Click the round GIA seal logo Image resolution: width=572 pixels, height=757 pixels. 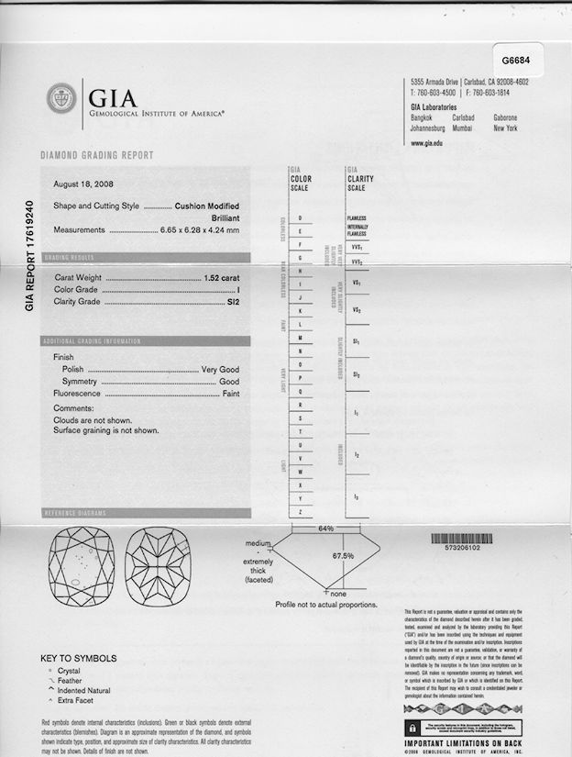(61, 97)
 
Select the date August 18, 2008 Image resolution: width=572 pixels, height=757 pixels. (81, 184)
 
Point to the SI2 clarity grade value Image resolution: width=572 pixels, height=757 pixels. (232, 300)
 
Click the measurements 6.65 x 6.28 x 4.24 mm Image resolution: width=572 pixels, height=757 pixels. (200, 230)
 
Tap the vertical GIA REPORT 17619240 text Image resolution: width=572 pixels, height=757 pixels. (30, 256)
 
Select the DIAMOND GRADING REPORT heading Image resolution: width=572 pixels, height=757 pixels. (97, 156)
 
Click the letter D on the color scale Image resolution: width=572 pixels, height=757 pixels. (301, 217)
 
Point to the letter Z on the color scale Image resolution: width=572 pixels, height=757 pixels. (301, 510)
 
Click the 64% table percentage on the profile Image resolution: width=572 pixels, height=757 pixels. (325, 529)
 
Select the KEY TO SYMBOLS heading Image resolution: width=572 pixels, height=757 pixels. (79, 658)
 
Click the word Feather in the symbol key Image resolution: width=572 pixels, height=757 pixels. (70, 681)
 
